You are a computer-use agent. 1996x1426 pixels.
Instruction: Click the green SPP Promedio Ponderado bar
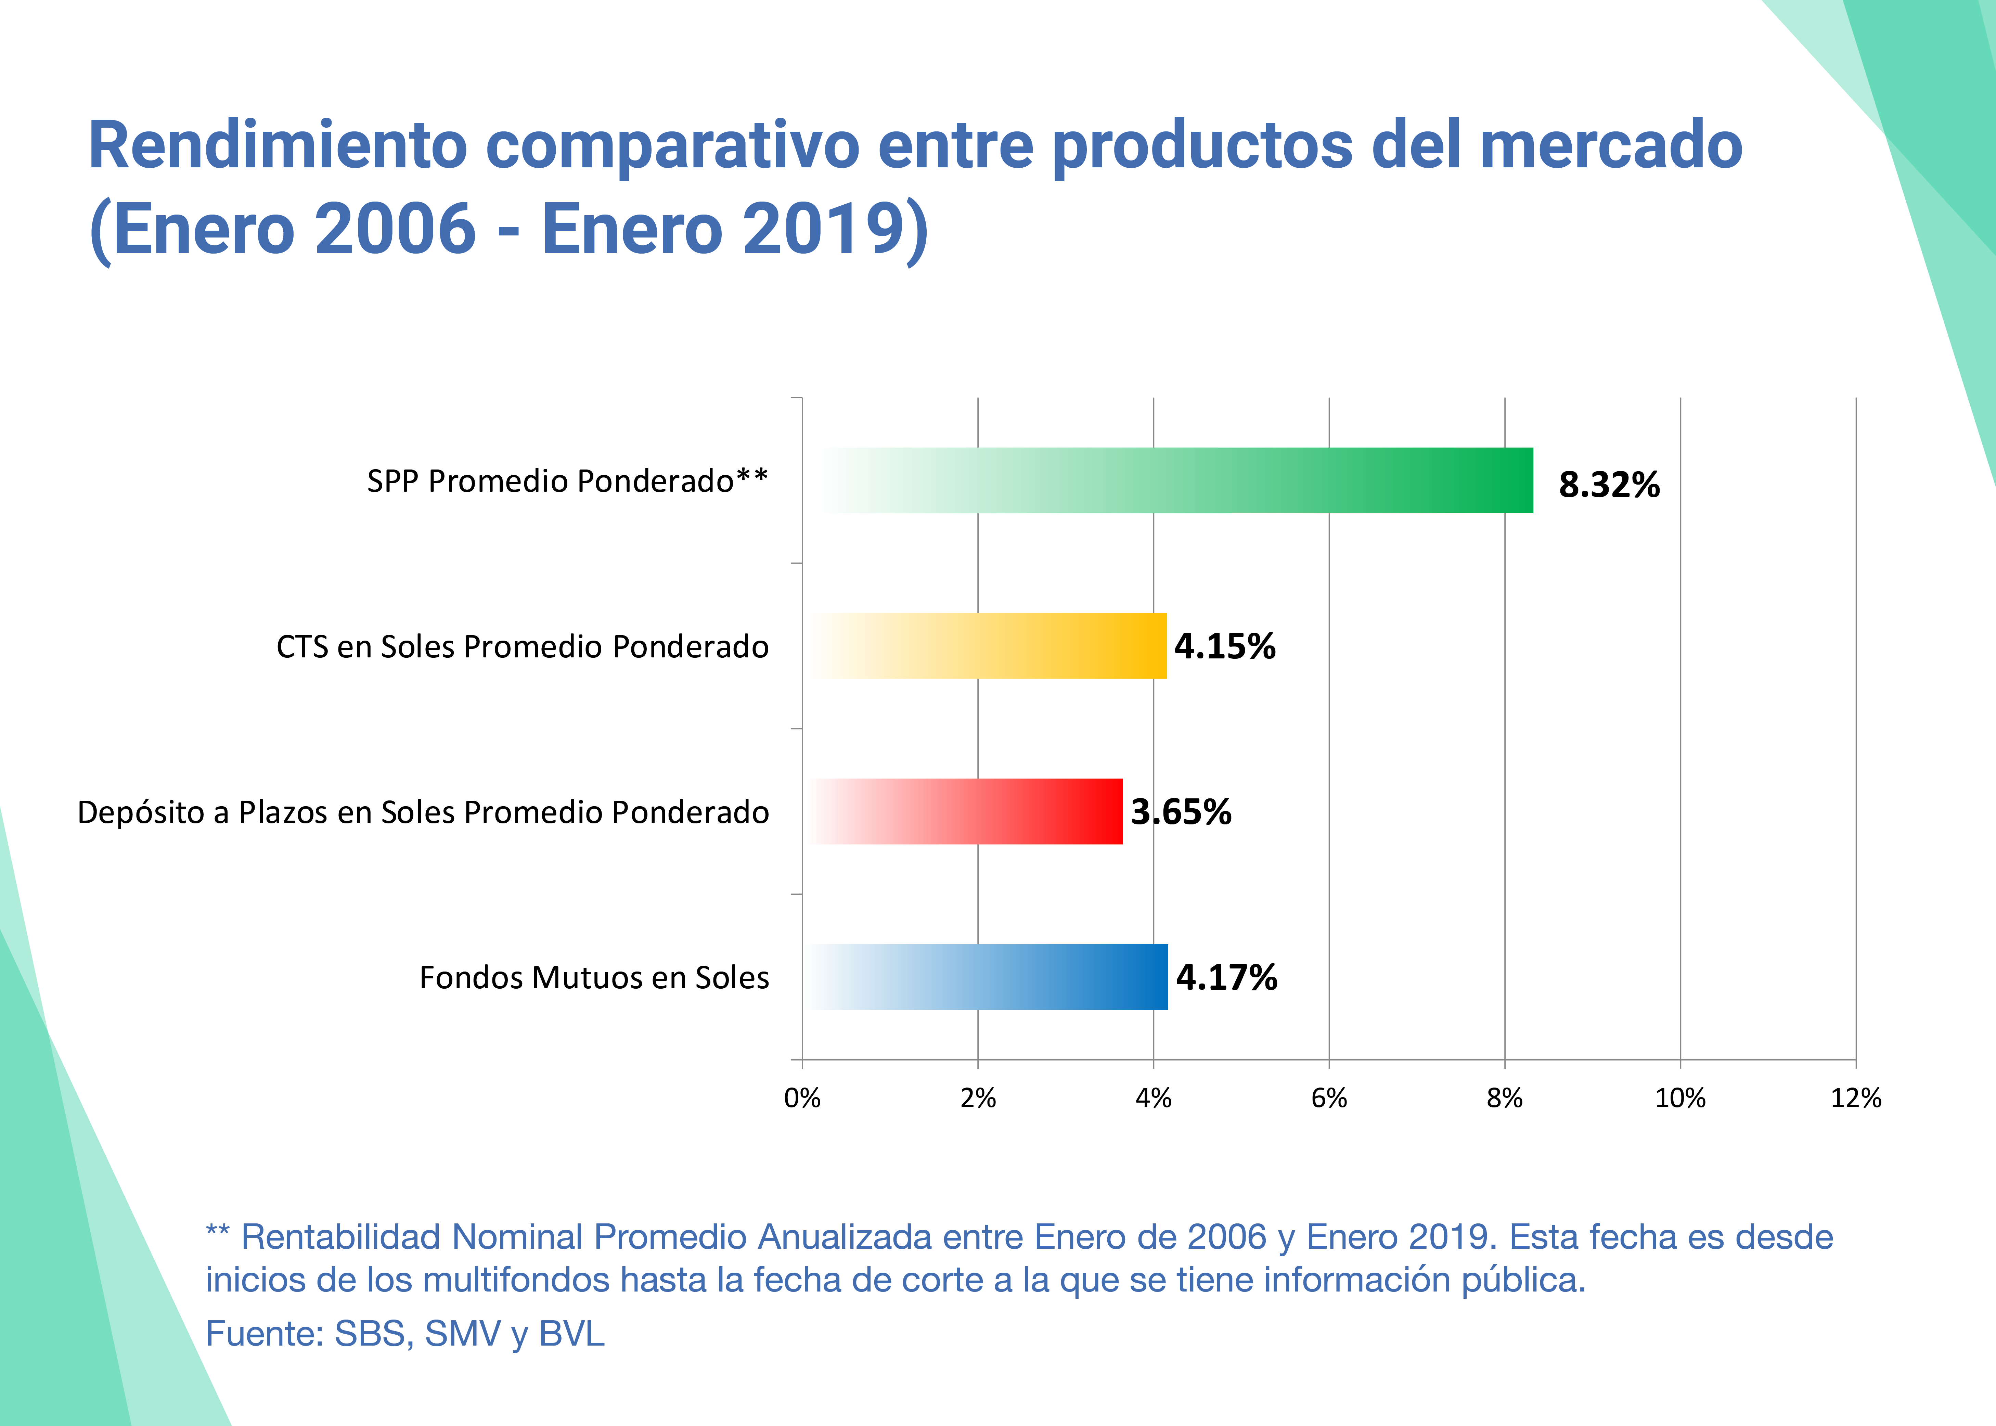point(1177,480)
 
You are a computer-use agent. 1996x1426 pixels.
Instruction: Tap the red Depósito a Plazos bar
point(966,811)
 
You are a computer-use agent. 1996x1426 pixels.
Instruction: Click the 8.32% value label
point(1609,485)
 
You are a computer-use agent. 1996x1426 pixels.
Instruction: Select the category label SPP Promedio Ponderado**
point(567,481)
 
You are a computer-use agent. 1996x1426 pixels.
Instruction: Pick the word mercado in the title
point(1610,146)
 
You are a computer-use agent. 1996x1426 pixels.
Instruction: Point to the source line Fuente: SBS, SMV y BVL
point(405,1333)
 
